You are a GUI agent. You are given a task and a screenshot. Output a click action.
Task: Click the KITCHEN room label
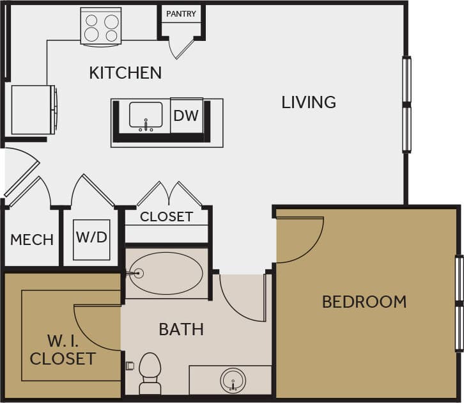point(125,73)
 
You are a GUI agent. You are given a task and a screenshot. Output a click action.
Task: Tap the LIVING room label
point(309,102)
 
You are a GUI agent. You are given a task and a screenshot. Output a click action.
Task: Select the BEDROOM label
point(364,301)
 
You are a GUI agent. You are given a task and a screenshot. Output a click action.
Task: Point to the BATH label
point(181,329)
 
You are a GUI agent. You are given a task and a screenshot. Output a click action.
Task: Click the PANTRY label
point(182,14)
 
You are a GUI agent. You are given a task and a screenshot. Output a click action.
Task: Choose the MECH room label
point(32,240)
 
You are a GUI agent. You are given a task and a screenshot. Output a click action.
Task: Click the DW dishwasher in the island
point(186,116)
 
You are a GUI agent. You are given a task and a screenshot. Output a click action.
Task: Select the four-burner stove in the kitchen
point(101,27)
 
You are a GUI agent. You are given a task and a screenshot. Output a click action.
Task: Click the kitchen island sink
point(146,116)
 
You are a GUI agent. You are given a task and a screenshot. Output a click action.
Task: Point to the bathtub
point(166,273)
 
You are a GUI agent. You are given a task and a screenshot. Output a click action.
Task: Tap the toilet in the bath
point(150,372)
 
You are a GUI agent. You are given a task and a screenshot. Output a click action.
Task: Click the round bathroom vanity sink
point(233,380)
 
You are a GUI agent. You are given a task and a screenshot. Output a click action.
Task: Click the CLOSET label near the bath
point(166,217)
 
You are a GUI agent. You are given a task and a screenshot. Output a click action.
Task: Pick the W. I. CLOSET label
point(63,349)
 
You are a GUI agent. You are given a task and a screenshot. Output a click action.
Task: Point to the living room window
point(406,104)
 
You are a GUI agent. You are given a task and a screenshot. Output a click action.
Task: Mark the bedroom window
point(459,303)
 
